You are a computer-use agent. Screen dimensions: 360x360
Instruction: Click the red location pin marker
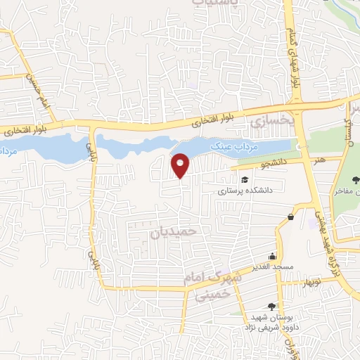181,165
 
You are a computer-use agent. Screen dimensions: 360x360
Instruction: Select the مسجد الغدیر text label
272,267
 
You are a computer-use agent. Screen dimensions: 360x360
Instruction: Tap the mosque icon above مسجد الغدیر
273,256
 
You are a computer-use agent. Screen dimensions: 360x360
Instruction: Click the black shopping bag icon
290,217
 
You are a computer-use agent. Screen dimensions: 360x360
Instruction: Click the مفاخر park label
349,191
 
